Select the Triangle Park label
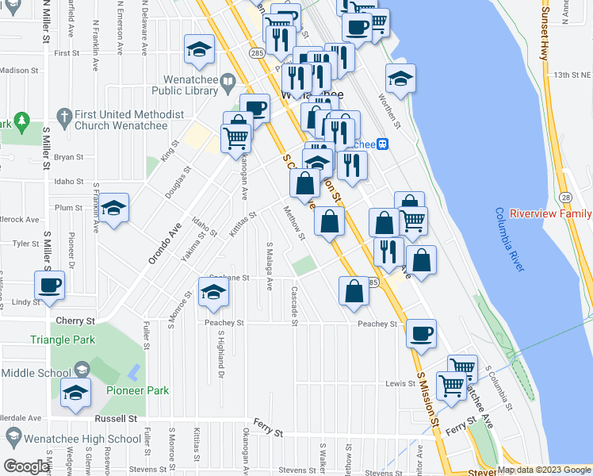63,340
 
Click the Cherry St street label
75,321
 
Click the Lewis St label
400,384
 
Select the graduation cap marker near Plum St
113,209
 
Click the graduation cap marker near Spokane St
212,293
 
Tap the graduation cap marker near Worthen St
401,79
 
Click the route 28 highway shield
565,196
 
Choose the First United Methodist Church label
130,120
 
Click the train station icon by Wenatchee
383,144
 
